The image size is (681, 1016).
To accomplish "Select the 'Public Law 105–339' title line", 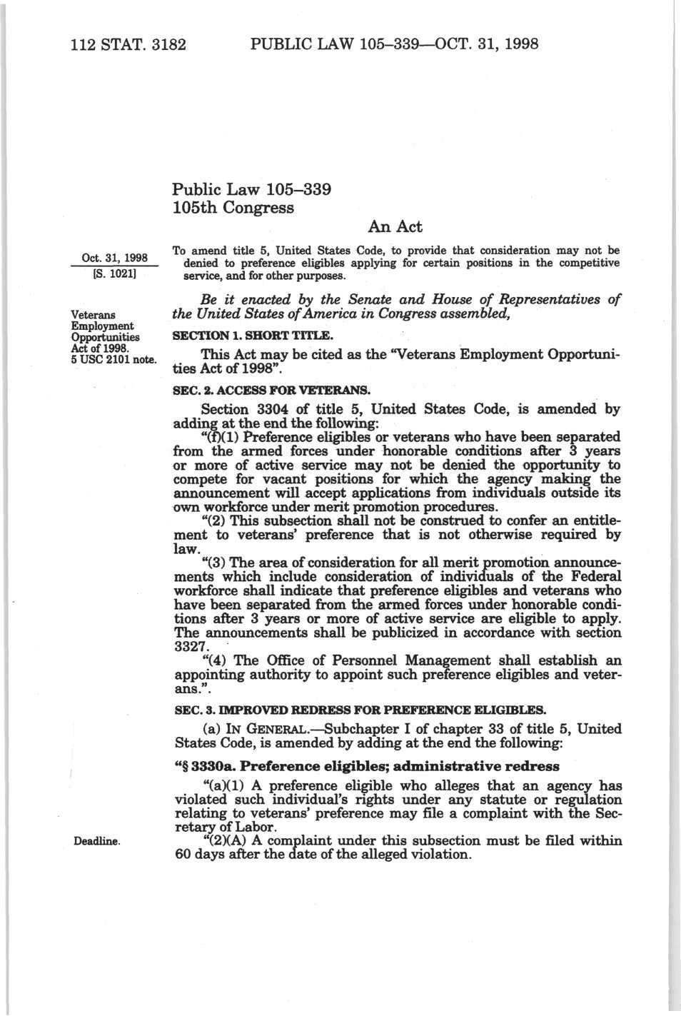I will (251, 189).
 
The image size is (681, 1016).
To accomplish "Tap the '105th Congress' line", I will (233, 208).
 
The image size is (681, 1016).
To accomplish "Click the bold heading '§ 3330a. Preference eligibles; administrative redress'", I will (367, 766).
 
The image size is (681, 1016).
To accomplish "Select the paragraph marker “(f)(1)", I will (222, 437).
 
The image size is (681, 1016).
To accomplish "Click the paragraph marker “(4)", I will (216, 660).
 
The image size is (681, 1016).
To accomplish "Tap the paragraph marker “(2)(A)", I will (226, 840).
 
